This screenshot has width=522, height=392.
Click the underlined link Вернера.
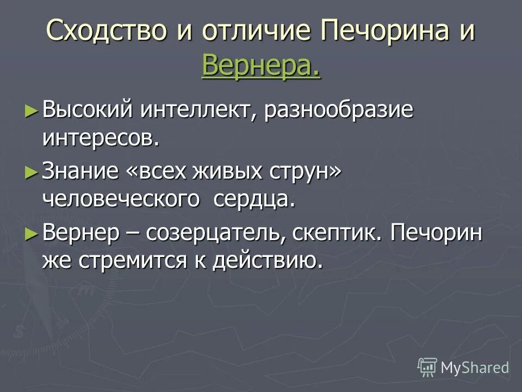260,66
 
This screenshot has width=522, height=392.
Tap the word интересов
101,138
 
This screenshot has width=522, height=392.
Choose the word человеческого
121,200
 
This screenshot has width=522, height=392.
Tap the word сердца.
254,200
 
